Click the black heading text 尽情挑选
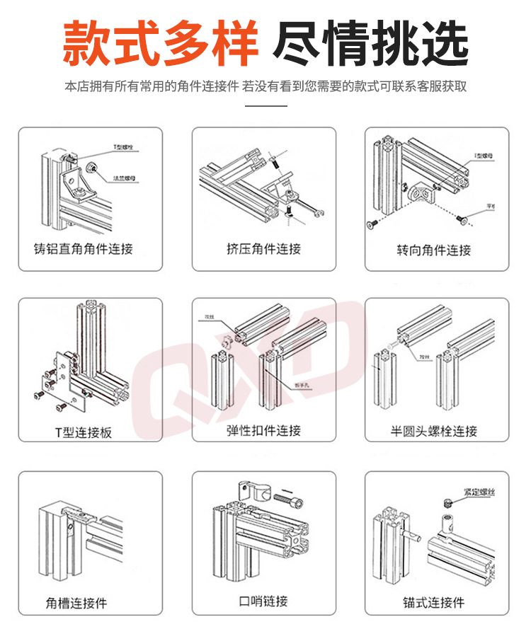(370, 44)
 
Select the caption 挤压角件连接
(263, 249)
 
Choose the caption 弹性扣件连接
(263, 431)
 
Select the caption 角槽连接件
(76, 603)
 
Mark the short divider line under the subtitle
(265, 106)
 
